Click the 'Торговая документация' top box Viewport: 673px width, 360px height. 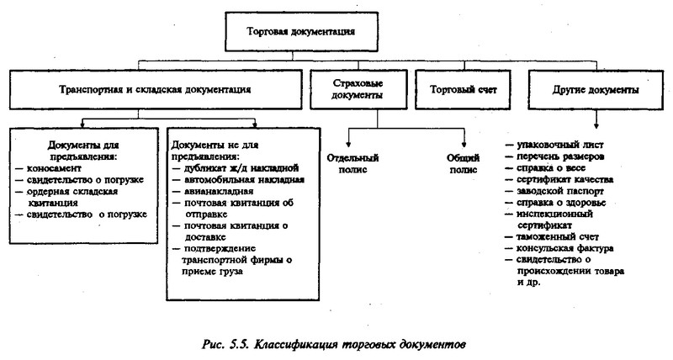pyautogui.click(x=302, y=31)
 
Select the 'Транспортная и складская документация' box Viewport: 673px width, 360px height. pyautogui.click(x=156, y=90)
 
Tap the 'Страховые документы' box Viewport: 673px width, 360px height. pyautogui.click(x=358, y=89)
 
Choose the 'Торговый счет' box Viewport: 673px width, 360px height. pyautogui.click(x=464, y=90)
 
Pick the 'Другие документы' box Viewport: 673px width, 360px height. pyautogui.click(x=596, y=90)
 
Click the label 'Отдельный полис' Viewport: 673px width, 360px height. pyautogui.click(x=352, y=163)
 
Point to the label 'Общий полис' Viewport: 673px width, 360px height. pyautogui.click(x=464, y=163)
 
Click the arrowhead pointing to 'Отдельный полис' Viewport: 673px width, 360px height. pyautogui.click(x=348, y=145)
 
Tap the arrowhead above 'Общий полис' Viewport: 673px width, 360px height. pyautogui.click(x=464, y=145)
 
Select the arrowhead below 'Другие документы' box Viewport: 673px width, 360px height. pyautogui.click(x=596, y=125)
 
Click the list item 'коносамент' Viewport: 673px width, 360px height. pyautogui.click(x=54, y=168)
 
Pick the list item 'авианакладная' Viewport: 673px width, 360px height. pyautogui.click(x=219, y=191)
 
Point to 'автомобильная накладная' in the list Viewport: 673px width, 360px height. pyautogui.click(x=244, y=179)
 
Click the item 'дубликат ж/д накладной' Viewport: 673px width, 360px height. pyautogui.click(x=241, y=167)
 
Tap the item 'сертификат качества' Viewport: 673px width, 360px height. pyautogui.click(x=564, y=179)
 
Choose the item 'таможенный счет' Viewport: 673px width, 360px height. pyautogui.click(x=558, y=237)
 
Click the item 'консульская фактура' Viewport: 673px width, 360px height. pyautogui.click(x=564, y=248)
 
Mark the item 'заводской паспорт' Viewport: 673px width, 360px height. pyautogui.click(x=560, y=191)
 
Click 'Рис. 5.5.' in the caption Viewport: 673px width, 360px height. pyautogui.click(x=225, y=345)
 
